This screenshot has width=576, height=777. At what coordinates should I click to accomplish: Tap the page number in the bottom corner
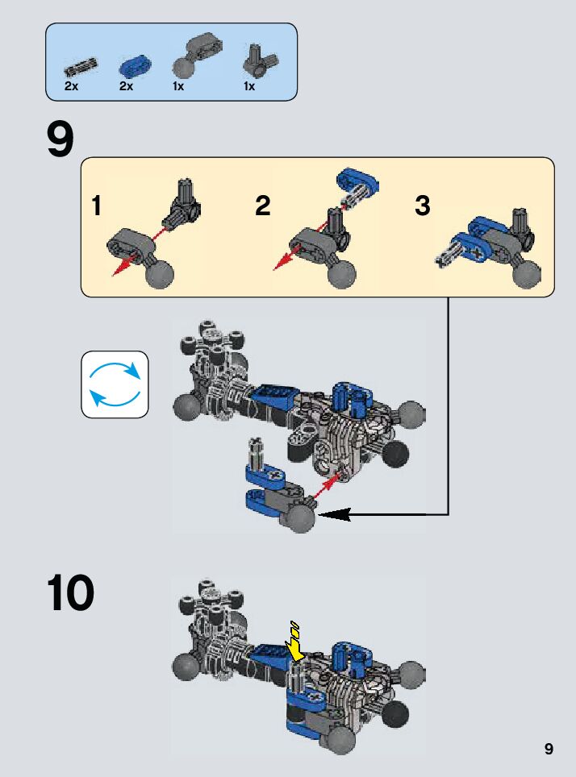tap(549, 748)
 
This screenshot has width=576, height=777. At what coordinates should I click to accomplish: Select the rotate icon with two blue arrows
tap(115, 384)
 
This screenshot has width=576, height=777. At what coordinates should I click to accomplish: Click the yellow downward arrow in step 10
tap(295, 642)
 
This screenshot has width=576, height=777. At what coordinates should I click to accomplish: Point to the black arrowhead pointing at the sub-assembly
tap(334, 514)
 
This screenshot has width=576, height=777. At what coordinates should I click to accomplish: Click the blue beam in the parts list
tap(135, 67)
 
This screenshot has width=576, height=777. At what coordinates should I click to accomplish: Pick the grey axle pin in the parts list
tap(81, 67)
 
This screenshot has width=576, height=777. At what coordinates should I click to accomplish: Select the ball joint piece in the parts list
tap(197, 56)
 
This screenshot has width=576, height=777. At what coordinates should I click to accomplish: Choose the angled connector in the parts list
tap(259, 60)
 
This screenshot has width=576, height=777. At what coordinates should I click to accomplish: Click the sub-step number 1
tap(97, 206)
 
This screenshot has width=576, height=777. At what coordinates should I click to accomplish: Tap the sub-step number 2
tap(262, 206)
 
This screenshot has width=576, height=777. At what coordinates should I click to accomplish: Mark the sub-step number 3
tap(422, 206)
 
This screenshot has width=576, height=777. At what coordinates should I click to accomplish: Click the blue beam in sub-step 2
tap(357, 180)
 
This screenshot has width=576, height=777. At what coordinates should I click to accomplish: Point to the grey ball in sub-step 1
tap(160, 273)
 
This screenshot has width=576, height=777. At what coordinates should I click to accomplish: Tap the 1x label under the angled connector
tap(249, 86)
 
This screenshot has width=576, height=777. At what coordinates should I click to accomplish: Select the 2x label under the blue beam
tap(127, 86)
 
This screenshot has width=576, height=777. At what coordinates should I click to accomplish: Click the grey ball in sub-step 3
tap(527, 273)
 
